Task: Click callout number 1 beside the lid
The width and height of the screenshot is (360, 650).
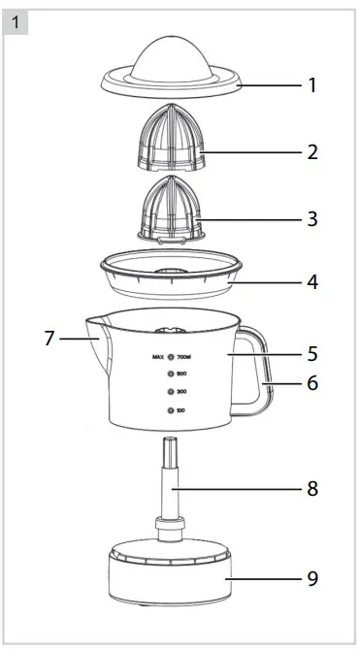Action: click(312, 85)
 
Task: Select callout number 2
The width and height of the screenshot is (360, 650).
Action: click(312, 152)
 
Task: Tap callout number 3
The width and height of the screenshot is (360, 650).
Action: click(312, 218)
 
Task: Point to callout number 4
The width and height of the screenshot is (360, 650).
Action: click(312, 283)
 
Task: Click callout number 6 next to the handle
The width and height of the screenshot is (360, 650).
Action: click(312, 382)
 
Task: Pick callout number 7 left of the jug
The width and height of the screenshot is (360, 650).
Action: click(49, 339)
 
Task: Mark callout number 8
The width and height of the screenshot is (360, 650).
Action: click(312, 489)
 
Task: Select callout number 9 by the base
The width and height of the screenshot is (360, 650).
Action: click(312, 578)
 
